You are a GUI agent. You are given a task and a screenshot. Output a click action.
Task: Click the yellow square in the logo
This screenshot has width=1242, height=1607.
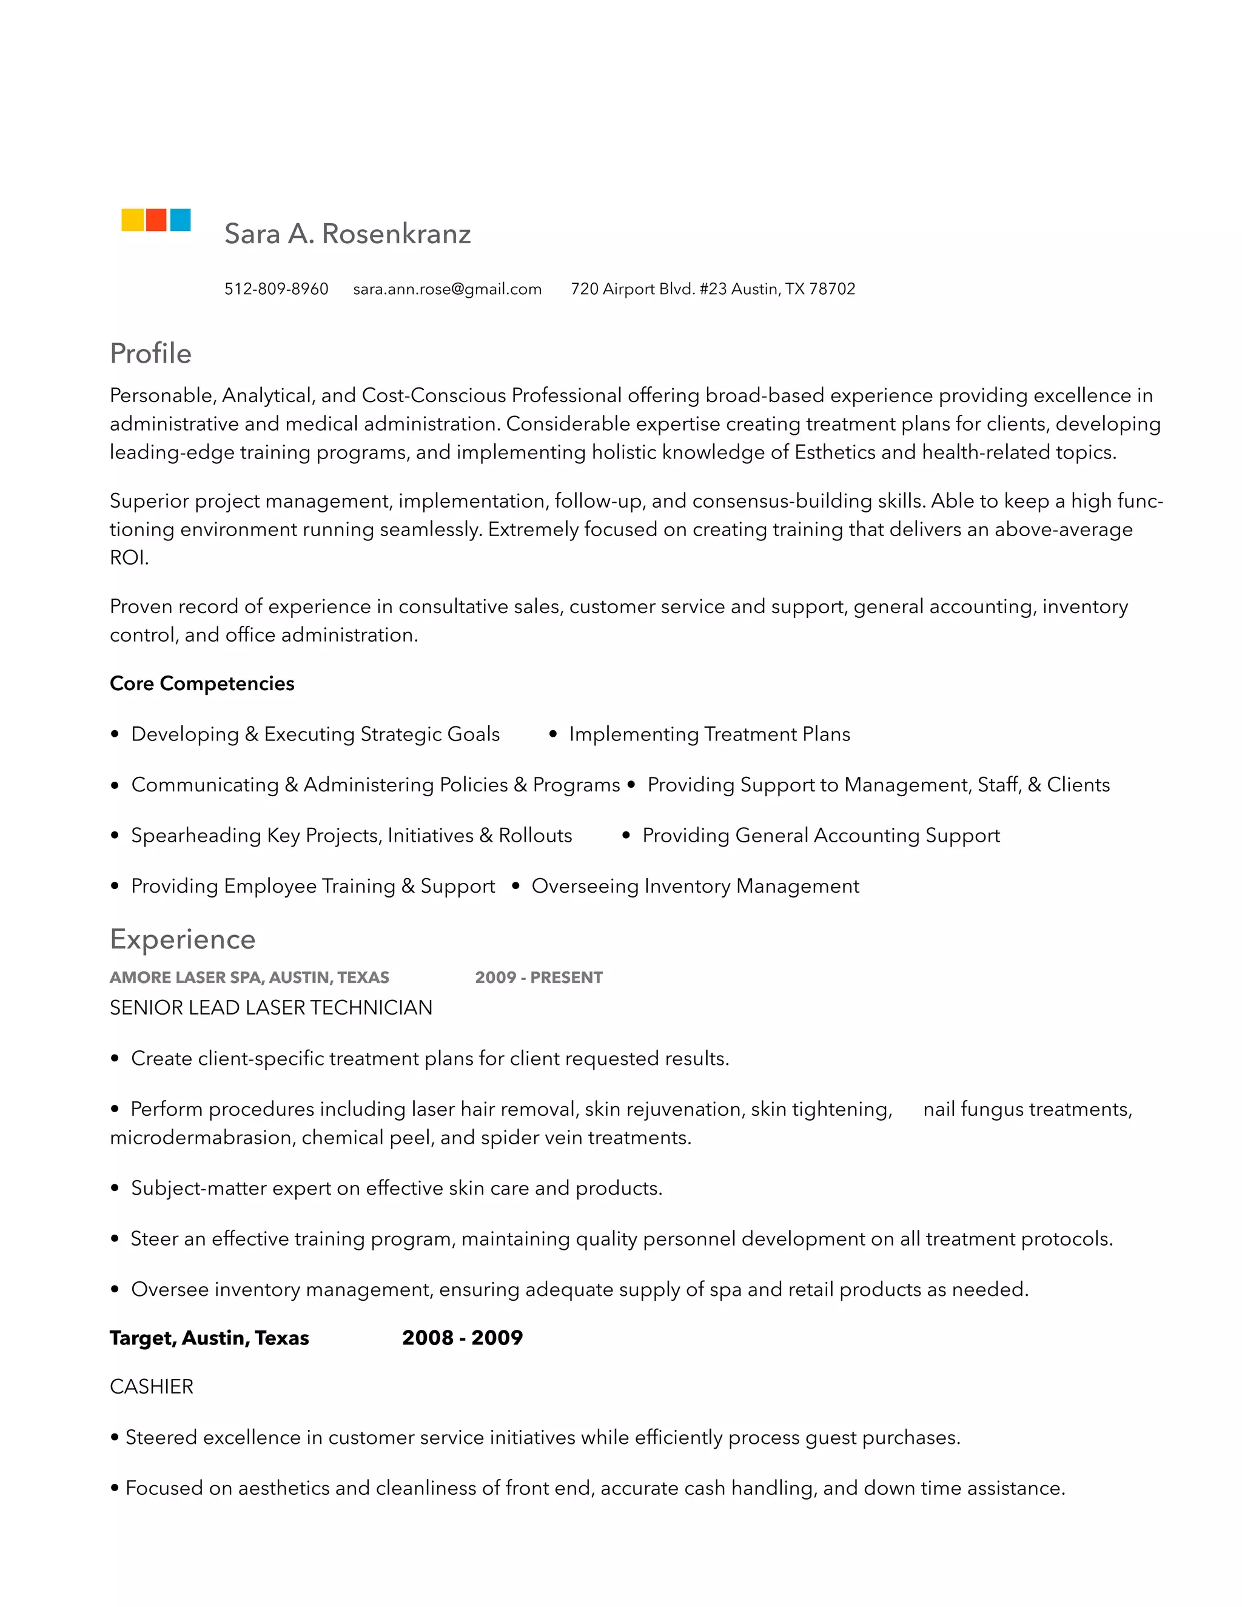point(132,220)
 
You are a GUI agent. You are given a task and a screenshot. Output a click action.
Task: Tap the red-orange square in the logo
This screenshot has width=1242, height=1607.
point(156,220)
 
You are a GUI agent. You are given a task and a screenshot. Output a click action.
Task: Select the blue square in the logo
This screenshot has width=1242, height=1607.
point(180,220)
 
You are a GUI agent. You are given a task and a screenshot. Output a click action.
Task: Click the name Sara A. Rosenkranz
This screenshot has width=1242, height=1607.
point(347,234)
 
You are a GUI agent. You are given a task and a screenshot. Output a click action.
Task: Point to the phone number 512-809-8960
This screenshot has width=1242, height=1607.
point(276,289)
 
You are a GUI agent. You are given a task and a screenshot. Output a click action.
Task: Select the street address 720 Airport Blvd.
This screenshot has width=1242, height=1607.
point(633,289)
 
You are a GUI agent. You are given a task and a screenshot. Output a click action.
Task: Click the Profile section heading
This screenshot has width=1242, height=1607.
point(151,354)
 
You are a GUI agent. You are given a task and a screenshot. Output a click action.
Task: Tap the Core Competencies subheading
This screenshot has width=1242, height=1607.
point(201,683)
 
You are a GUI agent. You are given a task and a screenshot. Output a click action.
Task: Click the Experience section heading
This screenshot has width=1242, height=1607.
point(183,939)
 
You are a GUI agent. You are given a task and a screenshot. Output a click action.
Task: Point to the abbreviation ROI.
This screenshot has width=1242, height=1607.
point(128,558)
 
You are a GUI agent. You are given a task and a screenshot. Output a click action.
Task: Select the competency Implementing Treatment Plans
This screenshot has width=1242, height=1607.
point(710,734)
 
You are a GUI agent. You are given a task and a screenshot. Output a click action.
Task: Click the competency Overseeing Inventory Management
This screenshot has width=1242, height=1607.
point(696,886)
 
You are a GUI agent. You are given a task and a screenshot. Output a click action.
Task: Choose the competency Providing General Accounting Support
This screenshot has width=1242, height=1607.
point(821,836)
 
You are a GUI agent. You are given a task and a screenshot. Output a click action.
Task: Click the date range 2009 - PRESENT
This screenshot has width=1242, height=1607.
point(539,978)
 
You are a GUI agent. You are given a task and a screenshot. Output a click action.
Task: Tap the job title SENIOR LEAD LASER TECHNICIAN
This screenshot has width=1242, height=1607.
point(270,1008)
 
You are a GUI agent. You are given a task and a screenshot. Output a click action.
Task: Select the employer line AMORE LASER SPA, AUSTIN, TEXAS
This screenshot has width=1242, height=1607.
point(249,978)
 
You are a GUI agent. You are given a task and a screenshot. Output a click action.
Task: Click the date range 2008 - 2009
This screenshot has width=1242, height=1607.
point(462,1338)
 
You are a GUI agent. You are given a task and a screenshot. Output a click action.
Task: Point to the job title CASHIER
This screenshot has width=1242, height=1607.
point(152,1387)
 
